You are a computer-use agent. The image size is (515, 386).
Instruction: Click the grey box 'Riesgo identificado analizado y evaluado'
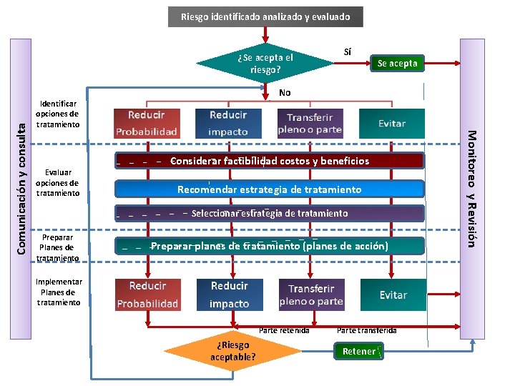[265, 16]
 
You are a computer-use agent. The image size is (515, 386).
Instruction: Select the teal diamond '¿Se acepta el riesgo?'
[265, 63]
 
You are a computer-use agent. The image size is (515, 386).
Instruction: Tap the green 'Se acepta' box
[398, 64]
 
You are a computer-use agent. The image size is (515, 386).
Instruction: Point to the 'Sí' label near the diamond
[348, 51]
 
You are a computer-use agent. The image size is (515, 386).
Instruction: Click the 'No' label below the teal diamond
[285, 93]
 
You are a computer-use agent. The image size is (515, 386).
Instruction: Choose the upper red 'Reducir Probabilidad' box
[147, 124]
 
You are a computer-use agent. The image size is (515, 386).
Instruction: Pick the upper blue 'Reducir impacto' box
[228, 124]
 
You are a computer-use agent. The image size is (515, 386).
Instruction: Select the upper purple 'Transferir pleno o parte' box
[310, 124]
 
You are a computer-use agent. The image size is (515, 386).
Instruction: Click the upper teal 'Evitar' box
[392, 124]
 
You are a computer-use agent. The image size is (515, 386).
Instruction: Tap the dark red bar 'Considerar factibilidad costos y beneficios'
[270, 161]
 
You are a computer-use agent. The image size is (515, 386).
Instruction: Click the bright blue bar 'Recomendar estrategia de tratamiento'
[270, 189]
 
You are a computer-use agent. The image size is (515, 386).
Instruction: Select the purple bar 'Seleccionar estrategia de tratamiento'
[270, 213]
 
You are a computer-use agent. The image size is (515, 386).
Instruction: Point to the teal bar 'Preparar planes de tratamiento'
[270, 246]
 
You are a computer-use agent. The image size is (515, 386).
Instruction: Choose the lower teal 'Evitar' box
[393, 295]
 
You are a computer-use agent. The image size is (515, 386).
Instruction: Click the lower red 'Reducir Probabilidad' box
[148, 295]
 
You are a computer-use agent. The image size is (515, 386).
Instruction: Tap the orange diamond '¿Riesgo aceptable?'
[233, 351]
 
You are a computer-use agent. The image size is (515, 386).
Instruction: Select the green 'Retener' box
[358, 351]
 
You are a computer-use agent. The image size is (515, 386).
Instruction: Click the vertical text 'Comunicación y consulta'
[21, 189]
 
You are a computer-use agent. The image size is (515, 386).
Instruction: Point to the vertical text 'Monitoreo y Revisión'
[472, 189]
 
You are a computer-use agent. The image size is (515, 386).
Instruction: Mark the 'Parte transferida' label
[366, 330]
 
